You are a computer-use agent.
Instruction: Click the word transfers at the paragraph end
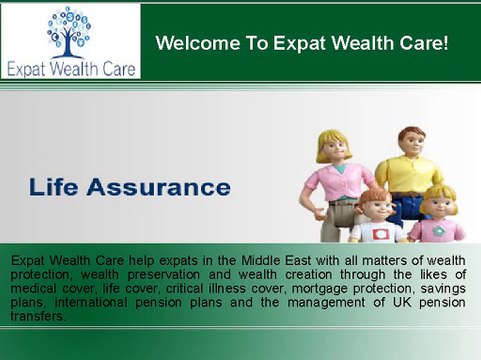[x=39, y=316]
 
